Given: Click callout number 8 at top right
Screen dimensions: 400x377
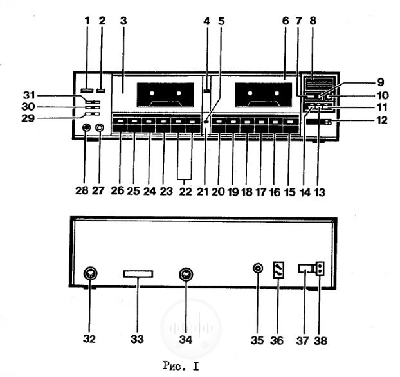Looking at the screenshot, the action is click(x=313, y=21).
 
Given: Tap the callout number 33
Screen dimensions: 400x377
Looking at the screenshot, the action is click(x=137, y=339).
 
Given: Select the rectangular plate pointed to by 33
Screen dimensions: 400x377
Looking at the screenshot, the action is click(x=138, y=274).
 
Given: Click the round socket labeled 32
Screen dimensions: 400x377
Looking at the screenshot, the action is click(x=90, y=274).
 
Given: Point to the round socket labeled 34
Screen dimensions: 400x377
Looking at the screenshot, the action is click(x=186, y=275).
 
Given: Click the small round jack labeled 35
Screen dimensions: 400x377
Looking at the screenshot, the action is click(x=258, y=268).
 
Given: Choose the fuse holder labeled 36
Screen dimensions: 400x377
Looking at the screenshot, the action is click(x=278, y=270).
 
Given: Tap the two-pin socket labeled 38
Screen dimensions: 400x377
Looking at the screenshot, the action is click(x=320, y=269).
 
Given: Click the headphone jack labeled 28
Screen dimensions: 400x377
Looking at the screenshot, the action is click(x=86, y=127).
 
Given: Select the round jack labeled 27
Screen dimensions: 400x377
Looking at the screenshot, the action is click(x=100, y=127).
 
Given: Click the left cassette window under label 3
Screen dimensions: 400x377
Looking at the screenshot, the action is click(x=165, y=95).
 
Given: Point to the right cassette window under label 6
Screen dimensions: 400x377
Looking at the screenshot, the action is click(x=263, y=95).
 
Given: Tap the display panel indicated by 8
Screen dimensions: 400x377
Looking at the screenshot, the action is click(x=319, y=84).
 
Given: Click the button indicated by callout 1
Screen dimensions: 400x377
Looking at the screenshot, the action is click(x=86, y=91).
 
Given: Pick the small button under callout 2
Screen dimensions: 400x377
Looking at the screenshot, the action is click(x=101, y=91).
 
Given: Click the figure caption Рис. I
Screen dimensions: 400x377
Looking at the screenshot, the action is click(x=181, y=366).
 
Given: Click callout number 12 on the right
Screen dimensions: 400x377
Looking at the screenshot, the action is click(x=381, y=120).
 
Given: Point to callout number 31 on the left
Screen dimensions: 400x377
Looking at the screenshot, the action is click(x=29, y=95).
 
